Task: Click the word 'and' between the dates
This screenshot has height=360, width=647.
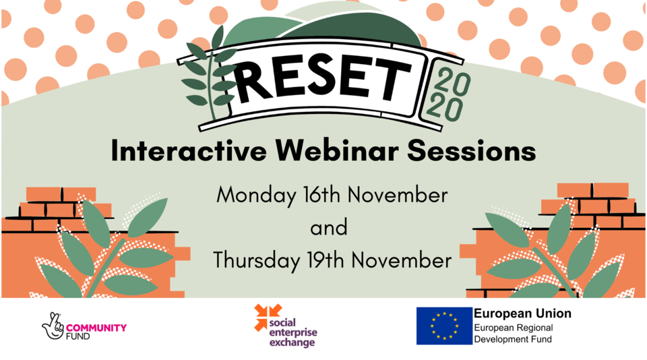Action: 328,227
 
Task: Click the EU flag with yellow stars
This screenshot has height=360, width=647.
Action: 443,326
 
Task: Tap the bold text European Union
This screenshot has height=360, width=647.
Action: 522,313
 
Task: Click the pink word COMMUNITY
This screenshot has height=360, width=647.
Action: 100,328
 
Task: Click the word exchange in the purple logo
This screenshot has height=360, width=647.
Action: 291,343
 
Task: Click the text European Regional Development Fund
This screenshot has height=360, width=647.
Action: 514,334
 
